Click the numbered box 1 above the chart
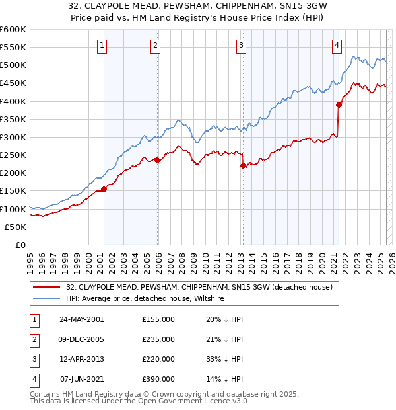tap(103, 46)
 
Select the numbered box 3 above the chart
tap(242, 46)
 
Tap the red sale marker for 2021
tap(339, 104)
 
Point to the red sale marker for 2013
tap(243, 166)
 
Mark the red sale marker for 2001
tap(104, 189)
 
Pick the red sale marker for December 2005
tap(157, 160)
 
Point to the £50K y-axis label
tap(16, 227)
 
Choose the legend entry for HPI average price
tap(145, 298)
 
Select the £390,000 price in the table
tap(158, 379)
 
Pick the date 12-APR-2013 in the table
tap(81, 359)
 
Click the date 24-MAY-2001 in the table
tap(81, 319)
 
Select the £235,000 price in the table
tap(158, 339)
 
